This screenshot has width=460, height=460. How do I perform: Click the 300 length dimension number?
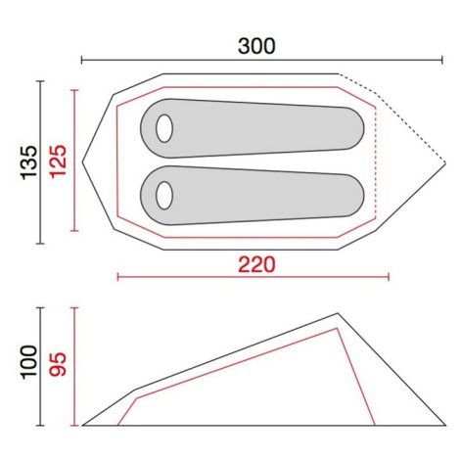[256, 46]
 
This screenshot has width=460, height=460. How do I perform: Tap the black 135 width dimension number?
[29, 162]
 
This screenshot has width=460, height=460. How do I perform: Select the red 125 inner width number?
[59, 161]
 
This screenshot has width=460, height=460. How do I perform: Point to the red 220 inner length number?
[256, 265]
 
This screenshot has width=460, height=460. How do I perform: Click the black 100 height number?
[29, 362]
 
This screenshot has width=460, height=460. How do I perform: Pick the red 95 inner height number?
[59, 364]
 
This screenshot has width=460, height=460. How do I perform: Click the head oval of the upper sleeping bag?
[164, 128]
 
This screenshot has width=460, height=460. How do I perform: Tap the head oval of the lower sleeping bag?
[164, 196]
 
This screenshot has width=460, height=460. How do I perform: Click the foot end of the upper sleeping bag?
[354, 128]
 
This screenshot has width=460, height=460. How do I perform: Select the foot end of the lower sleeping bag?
[354, 196]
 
